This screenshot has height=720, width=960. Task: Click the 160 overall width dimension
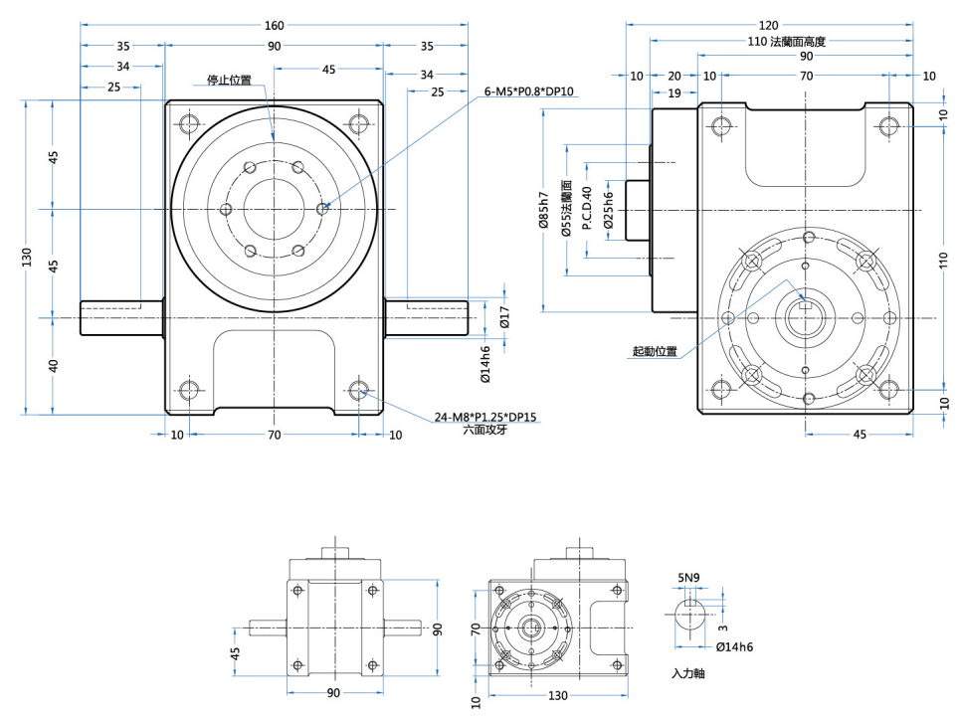click(274, 25)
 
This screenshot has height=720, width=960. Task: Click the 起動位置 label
click(655, 351)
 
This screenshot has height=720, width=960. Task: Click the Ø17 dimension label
click(505, 318)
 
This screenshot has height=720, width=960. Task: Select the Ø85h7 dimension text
click(543, 210)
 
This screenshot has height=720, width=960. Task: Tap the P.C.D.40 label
click(587, 209)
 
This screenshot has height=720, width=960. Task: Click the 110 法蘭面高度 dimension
click(787, 42)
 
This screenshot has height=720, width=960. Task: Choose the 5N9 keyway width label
click(688, 577)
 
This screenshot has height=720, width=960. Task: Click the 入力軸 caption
click(688, 673)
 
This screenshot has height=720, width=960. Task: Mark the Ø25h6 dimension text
click(608, 209)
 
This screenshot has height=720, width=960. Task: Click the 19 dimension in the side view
click(674, 92)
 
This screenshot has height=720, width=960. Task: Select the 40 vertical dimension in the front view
click(55, 366)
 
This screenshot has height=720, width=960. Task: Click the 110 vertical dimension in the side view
click(943, 262)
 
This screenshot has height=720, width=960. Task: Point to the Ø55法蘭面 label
click(566, 208)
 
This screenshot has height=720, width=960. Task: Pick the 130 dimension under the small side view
click(557, 694)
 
